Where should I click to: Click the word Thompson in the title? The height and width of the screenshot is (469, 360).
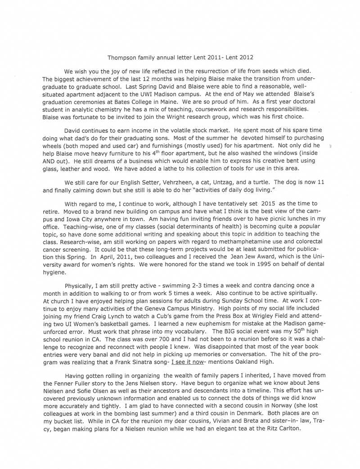[124, 58]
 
